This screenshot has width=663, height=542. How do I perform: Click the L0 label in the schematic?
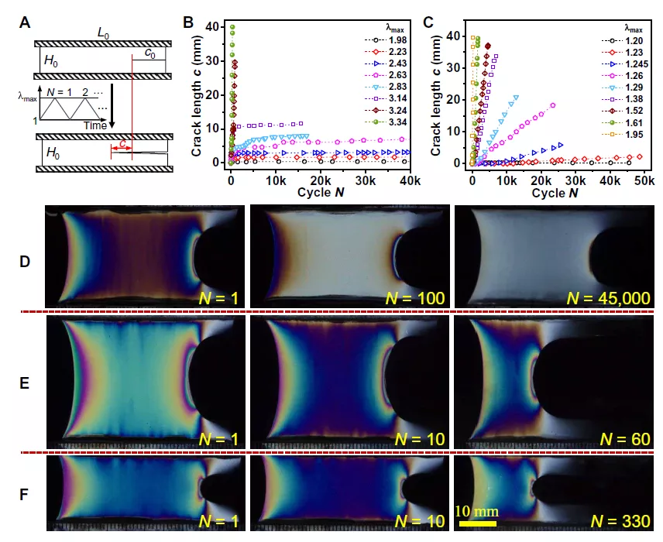pyautogui.click(x=102, y=33)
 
